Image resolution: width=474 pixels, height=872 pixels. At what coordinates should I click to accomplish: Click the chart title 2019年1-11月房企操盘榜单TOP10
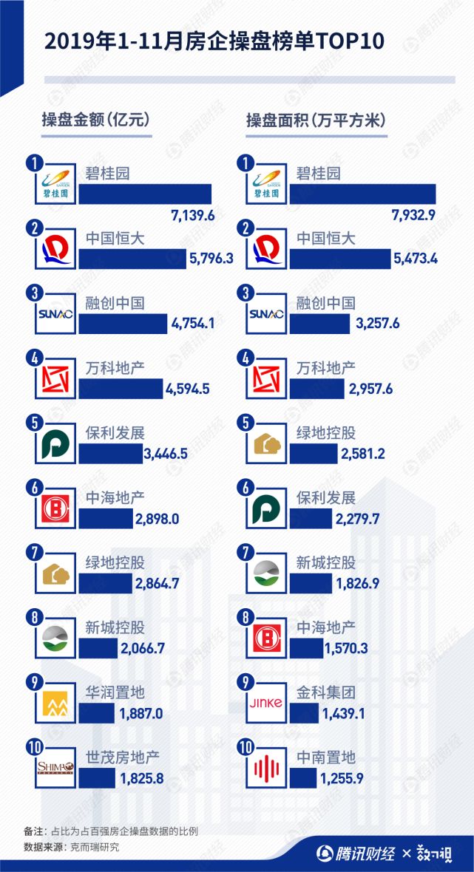[215, 41]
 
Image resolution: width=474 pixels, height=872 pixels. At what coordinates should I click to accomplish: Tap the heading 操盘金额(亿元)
[95, 121]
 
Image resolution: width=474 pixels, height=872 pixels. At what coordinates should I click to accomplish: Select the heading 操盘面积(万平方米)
[316, 121]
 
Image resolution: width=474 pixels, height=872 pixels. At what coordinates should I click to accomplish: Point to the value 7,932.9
[413, 216]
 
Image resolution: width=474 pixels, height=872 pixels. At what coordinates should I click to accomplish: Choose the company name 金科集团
[326, 692]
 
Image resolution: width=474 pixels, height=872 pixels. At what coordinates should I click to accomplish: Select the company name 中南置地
[326, 757]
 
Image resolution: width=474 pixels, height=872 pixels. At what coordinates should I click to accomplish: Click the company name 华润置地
[115, 692]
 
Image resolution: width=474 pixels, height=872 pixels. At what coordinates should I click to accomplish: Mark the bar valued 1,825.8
[97, 778]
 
